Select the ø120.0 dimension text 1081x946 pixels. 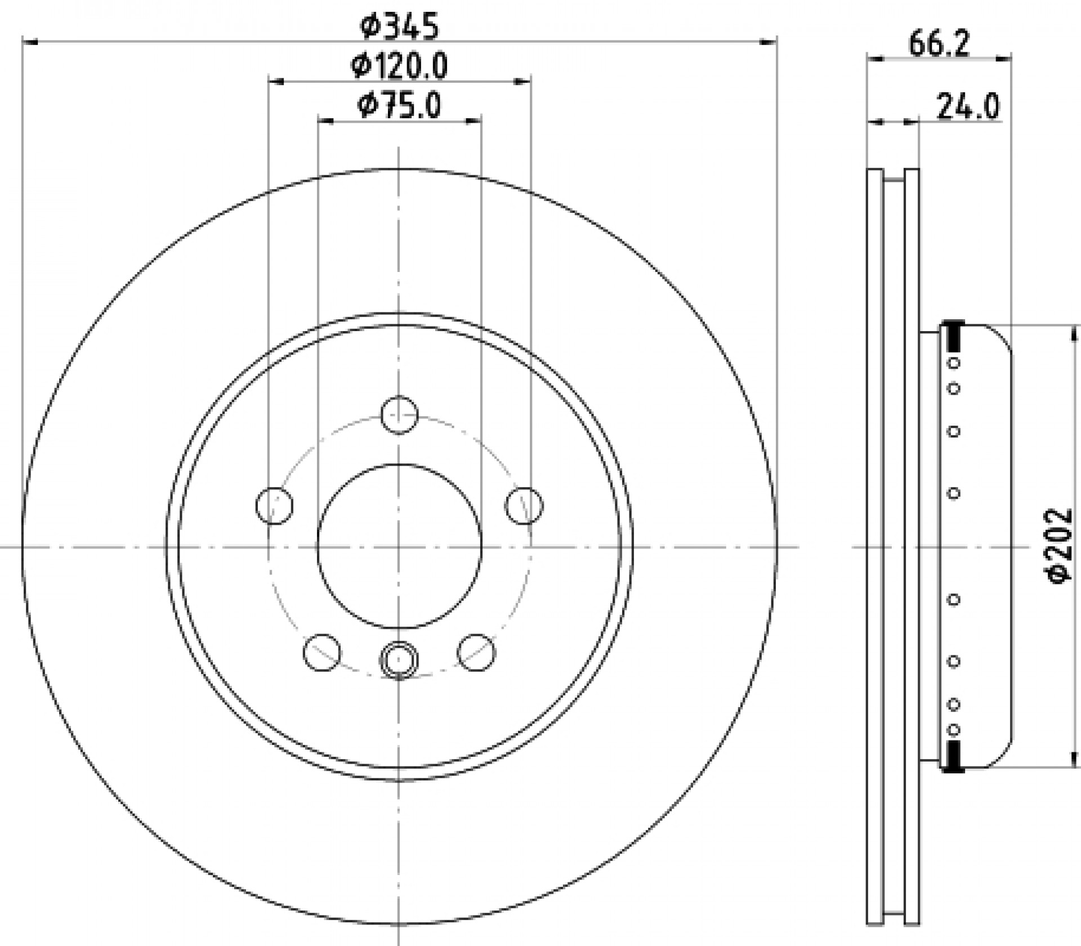400,66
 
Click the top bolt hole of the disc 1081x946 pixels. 399,415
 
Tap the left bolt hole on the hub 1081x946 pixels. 274,505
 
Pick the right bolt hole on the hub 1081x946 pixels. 524,505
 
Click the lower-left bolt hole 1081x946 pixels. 321,652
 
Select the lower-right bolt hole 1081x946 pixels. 476,652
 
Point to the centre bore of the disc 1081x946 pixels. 399,546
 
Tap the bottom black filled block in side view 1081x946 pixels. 953,756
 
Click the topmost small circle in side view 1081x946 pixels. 954,363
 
